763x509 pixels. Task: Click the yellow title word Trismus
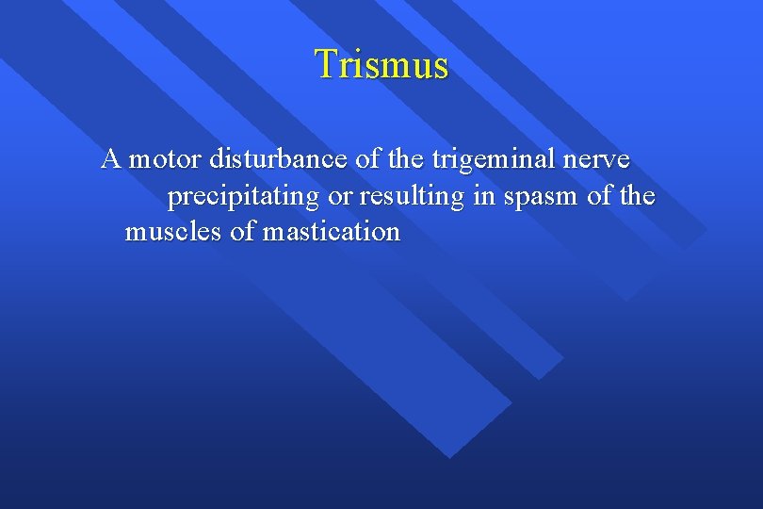click(x=381, y=64)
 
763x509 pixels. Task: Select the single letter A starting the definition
click(x=111, y=158)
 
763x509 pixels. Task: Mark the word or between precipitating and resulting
click(x=341, y=198)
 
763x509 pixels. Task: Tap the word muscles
click(x=174, y=232)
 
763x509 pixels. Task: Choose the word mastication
click(x=331, y=232)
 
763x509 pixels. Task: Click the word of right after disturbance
click(x=367, y=159)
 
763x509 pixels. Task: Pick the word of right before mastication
click(x=242, y=232)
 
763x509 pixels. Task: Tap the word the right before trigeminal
click(x=405, y=159)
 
